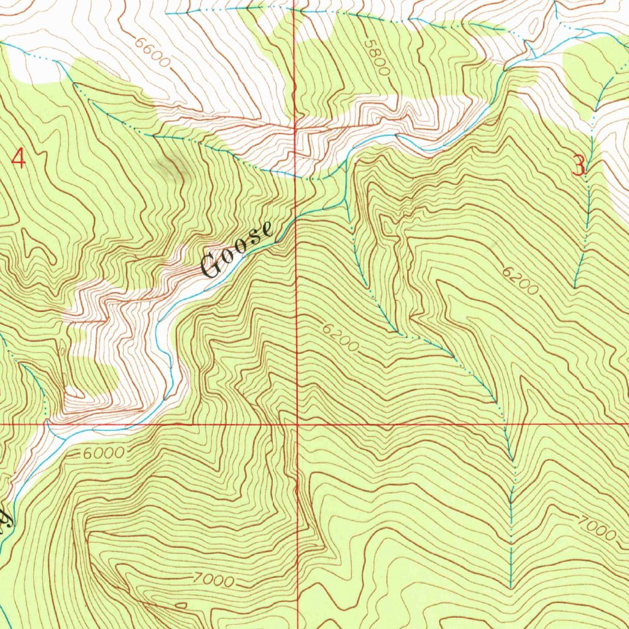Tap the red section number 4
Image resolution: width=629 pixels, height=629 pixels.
click(x=19, y=159)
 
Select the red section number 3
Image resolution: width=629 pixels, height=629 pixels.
click(x=579, y=166)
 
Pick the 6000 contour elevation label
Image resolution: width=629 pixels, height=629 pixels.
click(x=103, y=453)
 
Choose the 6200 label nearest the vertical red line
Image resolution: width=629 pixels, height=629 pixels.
click(x=340, y=338)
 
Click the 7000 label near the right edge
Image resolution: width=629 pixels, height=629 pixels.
click(x=596, y=528)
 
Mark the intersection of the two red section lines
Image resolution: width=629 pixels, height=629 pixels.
click(x=297, y=424)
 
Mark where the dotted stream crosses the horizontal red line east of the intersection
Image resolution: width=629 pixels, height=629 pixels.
click(x=505, y=424)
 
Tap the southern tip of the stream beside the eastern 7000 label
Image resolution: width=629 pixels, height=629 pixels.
click(x=511, y=587)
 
